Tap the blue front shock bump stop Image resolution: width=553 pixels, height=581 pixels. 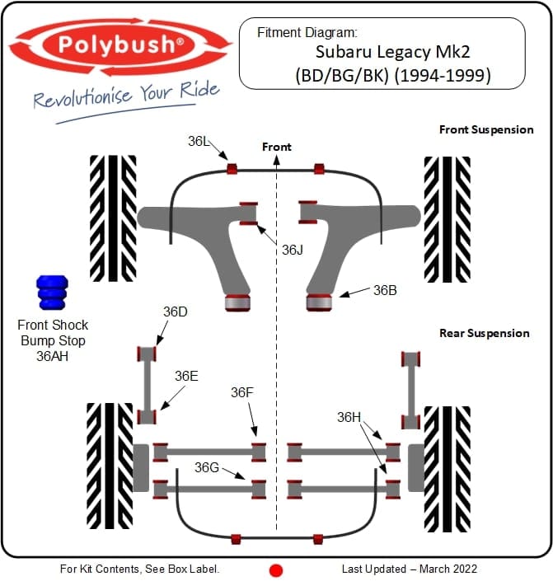coord(50,293)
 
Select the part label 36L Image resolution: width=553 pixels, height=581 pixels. coord(199,141)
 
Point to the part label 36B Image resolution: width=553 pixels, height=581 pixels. coord(385,290)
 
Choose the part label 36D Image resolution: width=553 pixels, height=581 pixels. coord(175,312)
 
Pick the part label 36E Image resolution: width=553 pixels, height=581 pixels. coord(186,376)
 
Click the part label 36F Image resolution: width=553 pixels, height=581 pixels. coord(242,392)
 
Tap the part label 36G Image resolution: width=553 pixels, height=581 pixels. coord(207,467)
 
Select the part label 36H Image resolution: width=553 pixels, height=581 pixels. coord(349,417)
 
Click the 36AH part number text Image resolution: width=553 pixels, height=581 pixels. coord(53,355)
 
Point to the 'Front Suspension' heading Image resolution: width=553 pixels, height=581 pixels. coord(485,129)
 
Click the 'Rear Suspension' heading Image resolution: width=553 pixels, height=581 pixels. coord(484,333)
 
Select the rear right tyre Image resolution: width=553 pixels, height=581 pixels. coord(446,467)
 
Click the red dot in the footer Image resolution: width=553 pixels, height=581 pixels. coord(276,569)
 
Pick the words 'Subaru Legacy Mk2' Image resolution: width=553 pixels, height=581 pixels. coord(382,54)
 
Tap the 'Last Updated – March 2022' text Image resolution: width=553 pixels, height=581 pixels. coord(409,569)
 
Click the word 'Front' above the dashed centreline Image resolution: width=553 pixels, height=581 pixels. coord(277,147)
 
